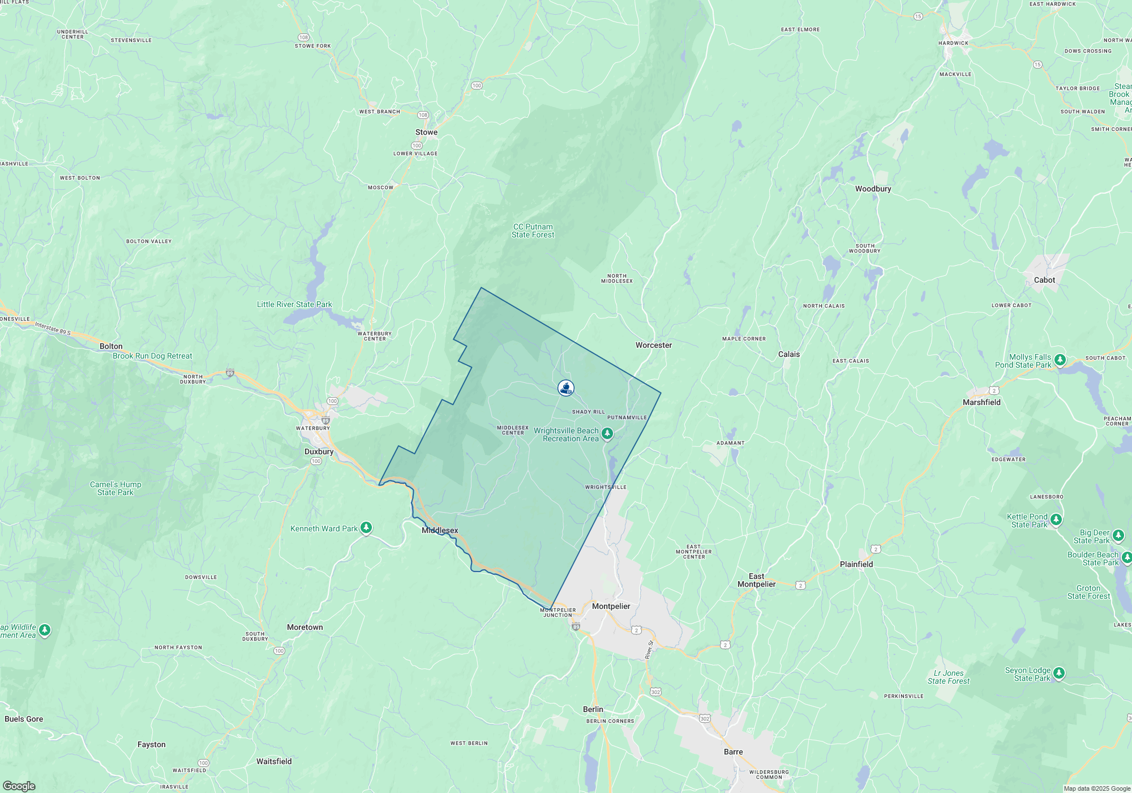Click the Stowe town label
(426, 133)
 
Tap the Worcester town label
(654, 345)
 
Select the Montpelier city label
(611, 606)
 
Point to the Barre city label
(733, 752)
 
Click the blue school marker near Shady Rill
(566, 387)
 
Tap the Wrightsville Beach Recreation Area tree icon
(607, 434)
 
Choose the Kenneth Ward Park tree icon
(366, 528)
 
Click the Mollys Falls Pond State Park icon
(1060, 360)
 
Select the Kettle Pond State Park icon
(1056, 519)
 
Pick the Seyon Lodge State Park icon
(1059, 673)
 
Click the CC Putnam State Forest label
(533, 231)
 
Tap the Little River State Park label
(294, 304)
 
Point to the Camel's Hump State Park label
(115, 488)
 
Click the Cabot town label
(1044, 280)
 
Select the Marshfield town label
(981, 402)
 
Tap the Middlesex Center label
(513, 430)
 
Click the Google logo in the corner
(19, 786)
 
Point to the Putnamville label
(627, 417)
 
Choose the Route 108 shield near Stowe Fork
(303, 37)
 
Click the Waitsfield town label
(274, 761)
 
